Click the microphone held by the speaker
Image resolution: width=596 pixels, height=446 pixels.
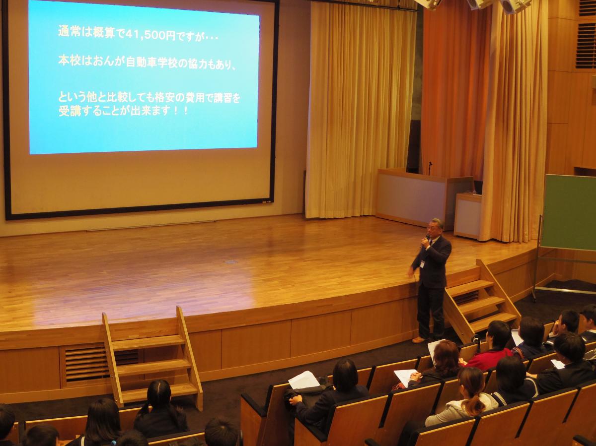[425, 241]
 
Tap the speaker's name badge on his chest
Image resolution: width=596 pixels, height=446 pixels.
[423, 263]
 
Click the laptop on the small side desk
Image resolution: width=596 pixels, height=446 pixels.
[477, 188]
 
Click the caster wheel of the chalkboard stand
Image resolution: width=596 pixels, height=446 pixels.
[534, 299]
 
